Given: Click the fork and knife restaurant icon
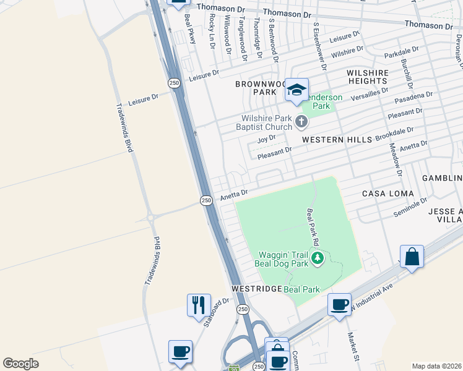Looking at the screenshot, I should [x=199, y=305].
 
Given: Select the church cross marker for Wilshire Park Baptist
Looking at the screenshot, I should [x=301, y=121].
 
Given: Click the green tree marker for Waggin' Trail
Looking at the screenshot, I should [x=318, y=257].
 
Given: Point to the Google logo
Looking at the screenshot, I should [x=21, y=364].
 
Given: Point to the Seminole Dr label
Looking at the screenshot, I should [x=410, y=207].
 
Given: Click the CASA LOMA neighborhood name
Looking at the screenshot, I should [x=383, y=193].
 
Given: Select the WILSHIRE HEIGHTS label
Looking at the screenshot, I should [x=368, y=77].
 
